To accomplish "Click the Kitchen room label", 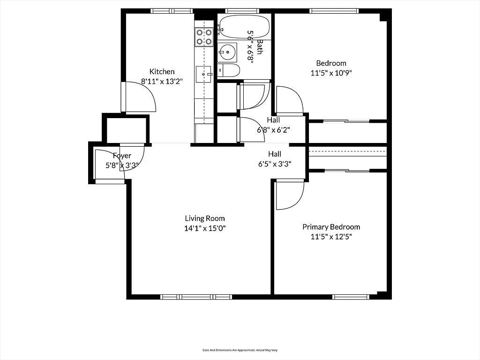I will click(162, 72).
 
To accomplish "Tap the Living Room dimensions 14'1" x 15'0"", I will click(205, 228).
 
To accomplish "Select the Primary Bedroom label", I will click(331, 227).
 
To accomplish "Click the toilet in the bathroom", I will click(230, 71).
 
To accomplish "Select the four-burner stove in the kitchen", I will click(204, 37).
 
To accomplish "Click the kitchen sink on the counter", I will click(204, 74).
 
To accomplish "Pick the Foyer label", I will click(122, 156).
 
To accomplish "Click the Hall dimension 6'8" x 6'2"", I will click(273, 130).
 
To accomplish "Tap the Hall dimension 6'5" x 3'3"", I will click(275, 164).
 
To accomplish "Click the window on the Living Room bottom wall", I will click(196, 297).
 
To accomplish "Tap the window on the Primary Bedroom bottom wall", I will click(351, 297).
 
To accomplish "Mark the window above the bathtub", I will click(242, 11).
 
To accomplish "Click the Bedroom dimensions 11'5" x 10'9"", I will click(331, 73).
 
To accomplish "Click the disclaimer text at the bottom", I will click(240, 350).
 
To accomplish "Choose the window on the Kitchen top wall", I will click(168, 11).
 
